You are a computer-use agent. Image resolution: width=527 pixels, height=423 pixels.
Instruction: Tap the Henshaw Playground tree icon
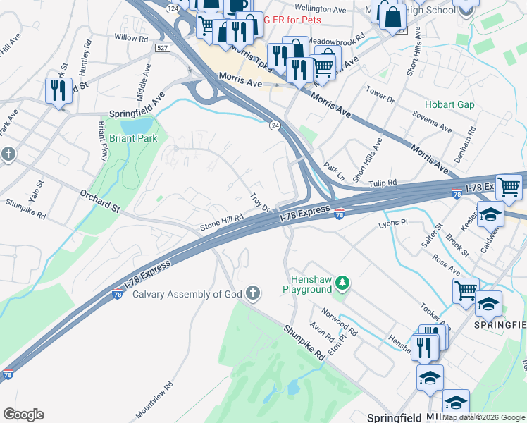click(x=342, y=283)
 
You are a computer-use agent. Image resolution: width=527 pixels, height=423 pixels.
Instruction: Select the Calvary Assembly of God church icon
click(x=253, y=293)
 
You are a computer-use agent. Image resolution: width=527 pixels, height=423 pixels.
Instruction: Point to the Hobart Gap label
click(x=449, y=104)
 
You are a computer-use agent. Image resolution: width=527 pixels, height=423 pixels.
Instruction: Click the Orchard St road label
click(x=101, y=200)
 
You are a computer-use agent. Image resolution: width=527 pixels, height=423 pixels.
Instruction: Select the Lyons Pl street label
click(x=393, y=223)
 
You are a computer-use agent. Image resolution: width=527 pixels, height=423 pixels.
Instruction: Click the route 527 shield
click(x=163, y=47)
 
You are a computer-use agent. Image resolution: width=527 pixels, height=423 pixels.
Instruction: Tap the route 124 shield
click(x=172, y=7)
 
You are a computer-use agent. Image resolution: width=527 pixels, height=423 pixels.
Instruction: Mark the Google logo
click(x=23, y=415)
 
